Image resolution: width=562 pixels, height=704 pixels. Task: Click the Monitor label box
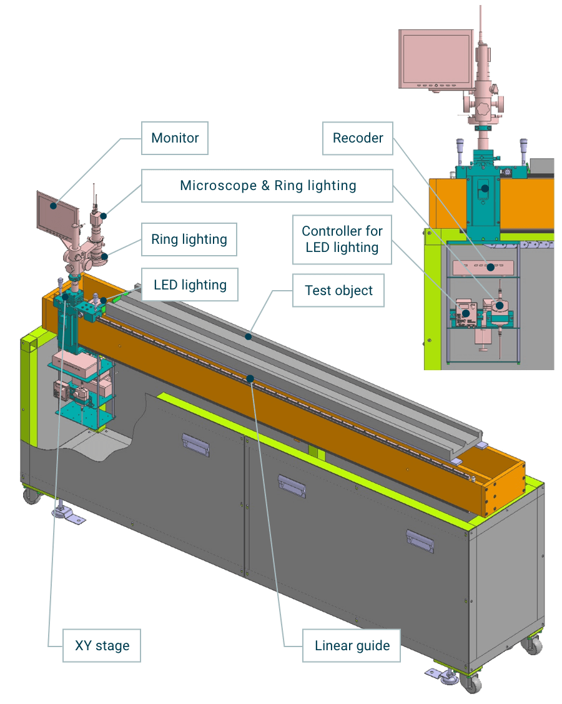pos(175,138)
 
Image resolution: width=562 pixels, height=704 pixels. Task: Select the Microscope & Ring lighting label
pos(267,186)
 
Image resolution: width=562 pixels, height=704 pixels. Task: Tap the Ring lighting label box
pos(189,239)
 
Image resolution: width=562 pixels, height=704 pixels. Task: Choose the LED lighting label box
pos(190,284)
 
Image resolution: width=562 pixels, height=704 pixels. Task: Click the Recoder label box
pos(358,138)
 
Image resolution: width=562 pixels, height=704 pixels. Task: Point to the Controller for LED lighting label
pos(342,239)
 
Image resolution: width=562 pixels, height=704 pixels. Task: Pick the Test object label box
pos(338,291)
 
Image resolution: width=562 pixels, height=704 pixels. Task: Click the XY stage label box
pos(102,646)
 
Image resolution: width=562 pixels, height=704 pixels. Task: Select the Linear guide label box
pos(352,646)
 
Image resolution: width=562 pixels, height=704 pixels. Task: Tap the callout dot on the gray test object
pos(248,336)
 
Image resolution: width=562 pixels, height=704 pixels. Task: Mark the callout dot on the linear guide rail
pos(250,379)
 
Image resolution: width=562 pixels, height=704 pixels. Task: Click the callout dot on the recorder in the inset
pos(491,267)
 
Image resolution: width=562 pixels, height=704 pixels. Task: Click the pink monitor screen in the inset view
pos(436,59)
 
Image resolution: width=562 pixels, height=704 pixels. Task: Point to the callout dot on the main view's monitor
pos(54,206)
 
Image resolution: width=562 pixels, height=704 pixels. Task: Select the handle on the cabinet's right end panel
pos(420,541)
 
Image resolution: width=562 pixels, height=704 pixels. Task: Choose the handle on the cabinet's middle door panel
pos(292,485)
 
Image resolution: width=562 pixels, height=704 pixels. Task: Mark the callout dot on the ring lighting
pos(104,257)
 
